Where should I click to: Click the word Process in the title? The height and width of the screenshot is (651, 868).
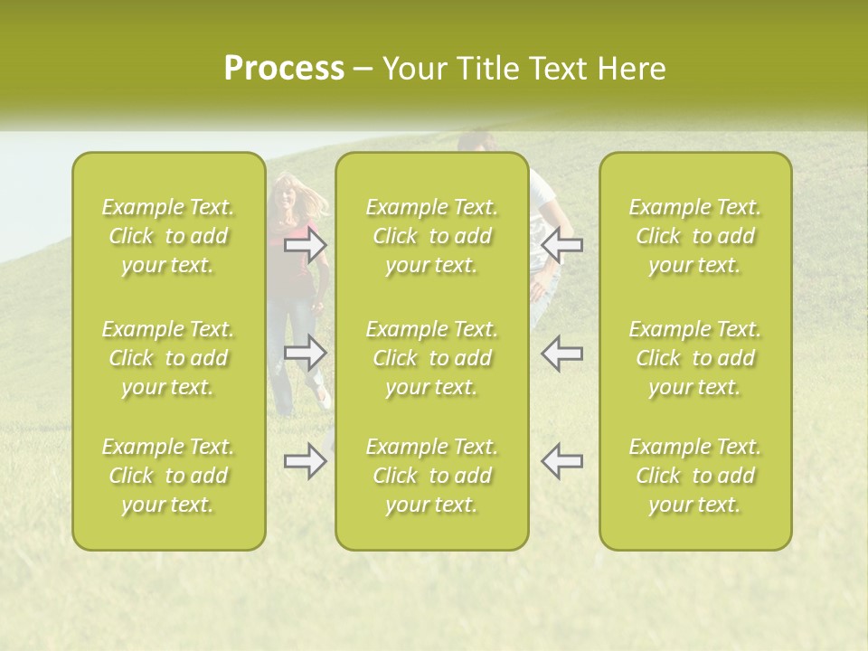(x=284, y=69)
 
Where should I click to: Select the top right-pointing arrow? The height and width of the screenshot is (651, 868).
(x=306, y=244)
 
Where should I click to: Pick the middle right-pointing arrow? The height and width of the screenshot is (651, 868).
(x=306, y=353)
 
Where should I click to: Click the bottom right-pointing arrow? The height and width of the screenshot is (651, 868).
(x=306, y=461)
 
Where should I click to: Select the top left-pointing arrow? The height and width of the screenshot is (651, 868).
(x=561, y=244)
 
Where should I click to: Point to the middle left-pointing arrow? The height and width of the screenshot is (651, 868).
(x=561, y=353)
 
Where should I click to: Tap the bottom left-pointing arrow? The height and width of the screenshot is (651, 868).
(x=561, y=461)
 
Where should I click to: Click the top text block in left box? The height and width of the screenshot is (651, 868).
(x=168, y=236)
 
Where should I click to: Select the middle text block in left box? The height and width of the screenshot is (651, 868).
(x=168, y=358)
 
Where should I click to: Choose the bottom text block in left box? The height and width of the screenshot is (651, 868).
(x=168, y=476)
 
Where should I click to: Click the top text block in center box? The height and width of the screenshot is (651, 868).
(x=432, y=236)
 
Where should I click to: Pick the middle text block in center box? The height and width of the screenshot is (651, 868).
(x=432, y=358)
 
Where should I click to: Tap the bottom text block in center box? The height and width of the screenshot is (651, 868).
(x=432, y=476)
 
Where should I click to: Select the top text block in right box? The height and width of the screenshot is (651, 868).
(x=695, y=236)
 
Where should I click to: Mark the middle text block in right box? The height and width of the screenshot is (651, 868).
(x=695, y=358)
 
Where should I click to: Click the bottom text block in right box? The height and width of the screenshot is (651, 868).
(x=695, y=476)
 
